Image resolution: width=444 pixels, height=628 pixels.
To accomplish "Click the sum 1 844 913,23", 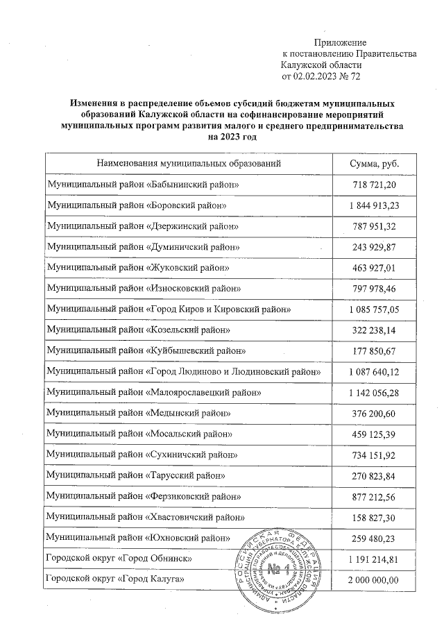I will pyautogui.click(x=375, y=207).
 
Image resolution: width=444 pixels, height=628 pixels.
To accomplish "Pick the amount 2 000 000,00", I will pyautogui.click(x=375, y=579).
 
